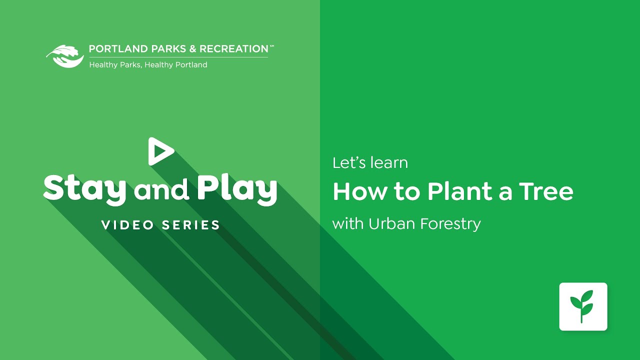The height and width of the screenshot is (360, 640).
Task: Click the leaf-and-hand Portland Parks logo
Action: coord(65,56)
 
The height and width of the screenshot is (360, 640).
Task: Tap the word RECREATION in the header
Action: coord(234,49)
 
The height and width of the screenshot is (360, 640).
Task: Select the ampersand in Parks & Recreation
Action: coord(192,49)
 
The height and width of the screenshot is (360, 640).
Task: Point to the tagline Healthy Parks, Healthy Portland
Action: coord(148,65)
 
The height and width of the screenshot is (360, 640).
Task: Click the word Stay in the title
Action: coord(84,189)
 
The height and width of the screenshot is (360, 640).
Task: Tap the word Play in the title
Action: coord(237,189)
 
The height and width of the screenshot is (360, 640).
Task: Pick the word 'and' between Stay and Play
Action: coord(161,190)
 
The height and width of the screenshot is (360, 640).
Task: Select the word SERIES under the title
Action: coord(190,225)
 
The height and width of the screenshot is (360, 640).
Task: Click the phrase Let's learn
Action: coord(370,163)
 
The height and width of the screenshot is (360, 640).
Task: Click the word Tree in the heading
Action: coord(546,192)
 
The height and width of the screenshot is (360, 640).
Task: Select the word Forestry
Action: coord(450,224)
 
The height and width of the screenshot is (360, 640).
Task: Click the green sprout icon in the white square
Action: coord(583,306)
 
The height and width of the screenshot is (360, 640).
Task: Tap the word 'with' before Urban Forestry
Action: coord(347,224)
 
